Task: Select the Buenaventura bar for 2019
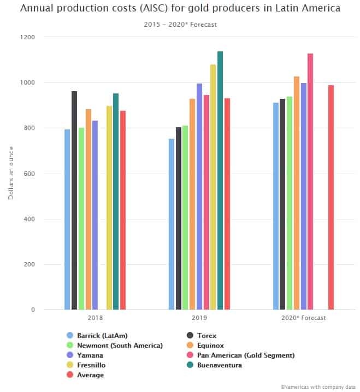pyautogui.click(x=220, y=181)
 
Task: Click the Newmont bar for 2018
pyautogui.click(x=81, y=219)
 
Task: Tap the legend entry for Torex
pyautogui.click(x=205, y=335)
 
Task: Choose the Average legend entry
pyautogui.click(x=90, y=375)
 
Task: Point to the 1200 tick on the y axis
pyautogui.click(x=28, y=37)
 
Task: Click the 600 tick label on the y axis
pyautogui.click(x=29, y=174)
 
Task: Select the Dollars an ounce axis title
pyautogui.click(x=11, y=174)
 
